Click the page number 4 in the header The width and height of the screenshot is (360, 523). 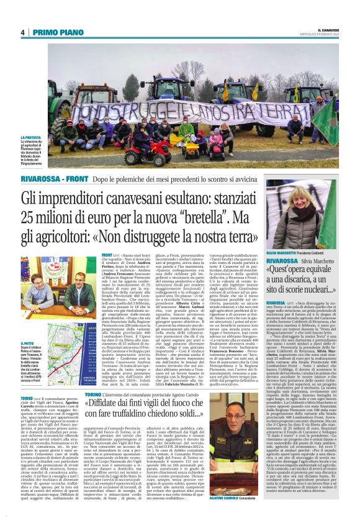(22, 32)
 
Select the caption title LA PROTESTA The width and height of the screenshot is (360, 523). (31, 137)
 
